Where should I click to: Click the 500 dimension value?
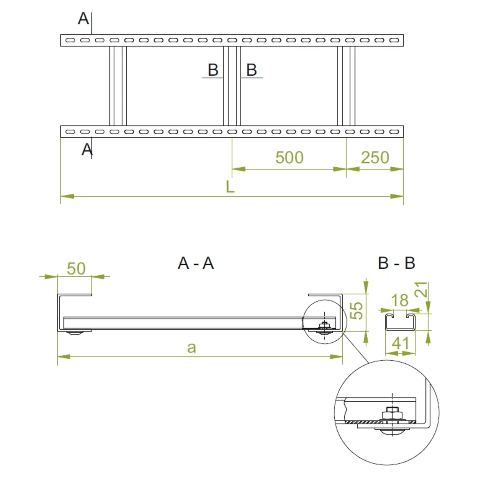289,158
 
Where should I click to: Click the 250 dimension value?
375,158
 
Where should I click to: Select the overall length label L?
230,187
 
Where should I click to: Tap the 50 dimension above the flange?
76,269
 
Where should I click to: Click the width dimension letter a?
192,348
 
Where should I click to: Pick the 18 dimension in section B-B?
399,300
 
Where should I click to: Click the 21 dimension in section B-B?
421,290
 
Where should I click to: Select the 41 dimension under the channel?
400,343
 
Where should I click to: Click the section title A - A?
196,263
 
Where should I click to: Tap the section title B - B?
396,263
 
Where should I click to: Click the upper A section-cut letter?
83,19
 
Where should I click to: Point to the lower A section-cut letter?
87,150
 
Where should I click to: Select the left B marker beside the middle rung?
213,70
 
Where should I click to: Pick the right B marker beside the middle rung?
251,70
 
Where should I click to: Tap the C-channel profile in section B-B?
400,322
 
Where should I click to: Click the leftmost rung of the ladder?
118,86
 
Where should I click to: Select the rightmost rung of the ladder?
346,86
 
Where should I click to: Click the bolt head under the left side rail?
74,333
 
